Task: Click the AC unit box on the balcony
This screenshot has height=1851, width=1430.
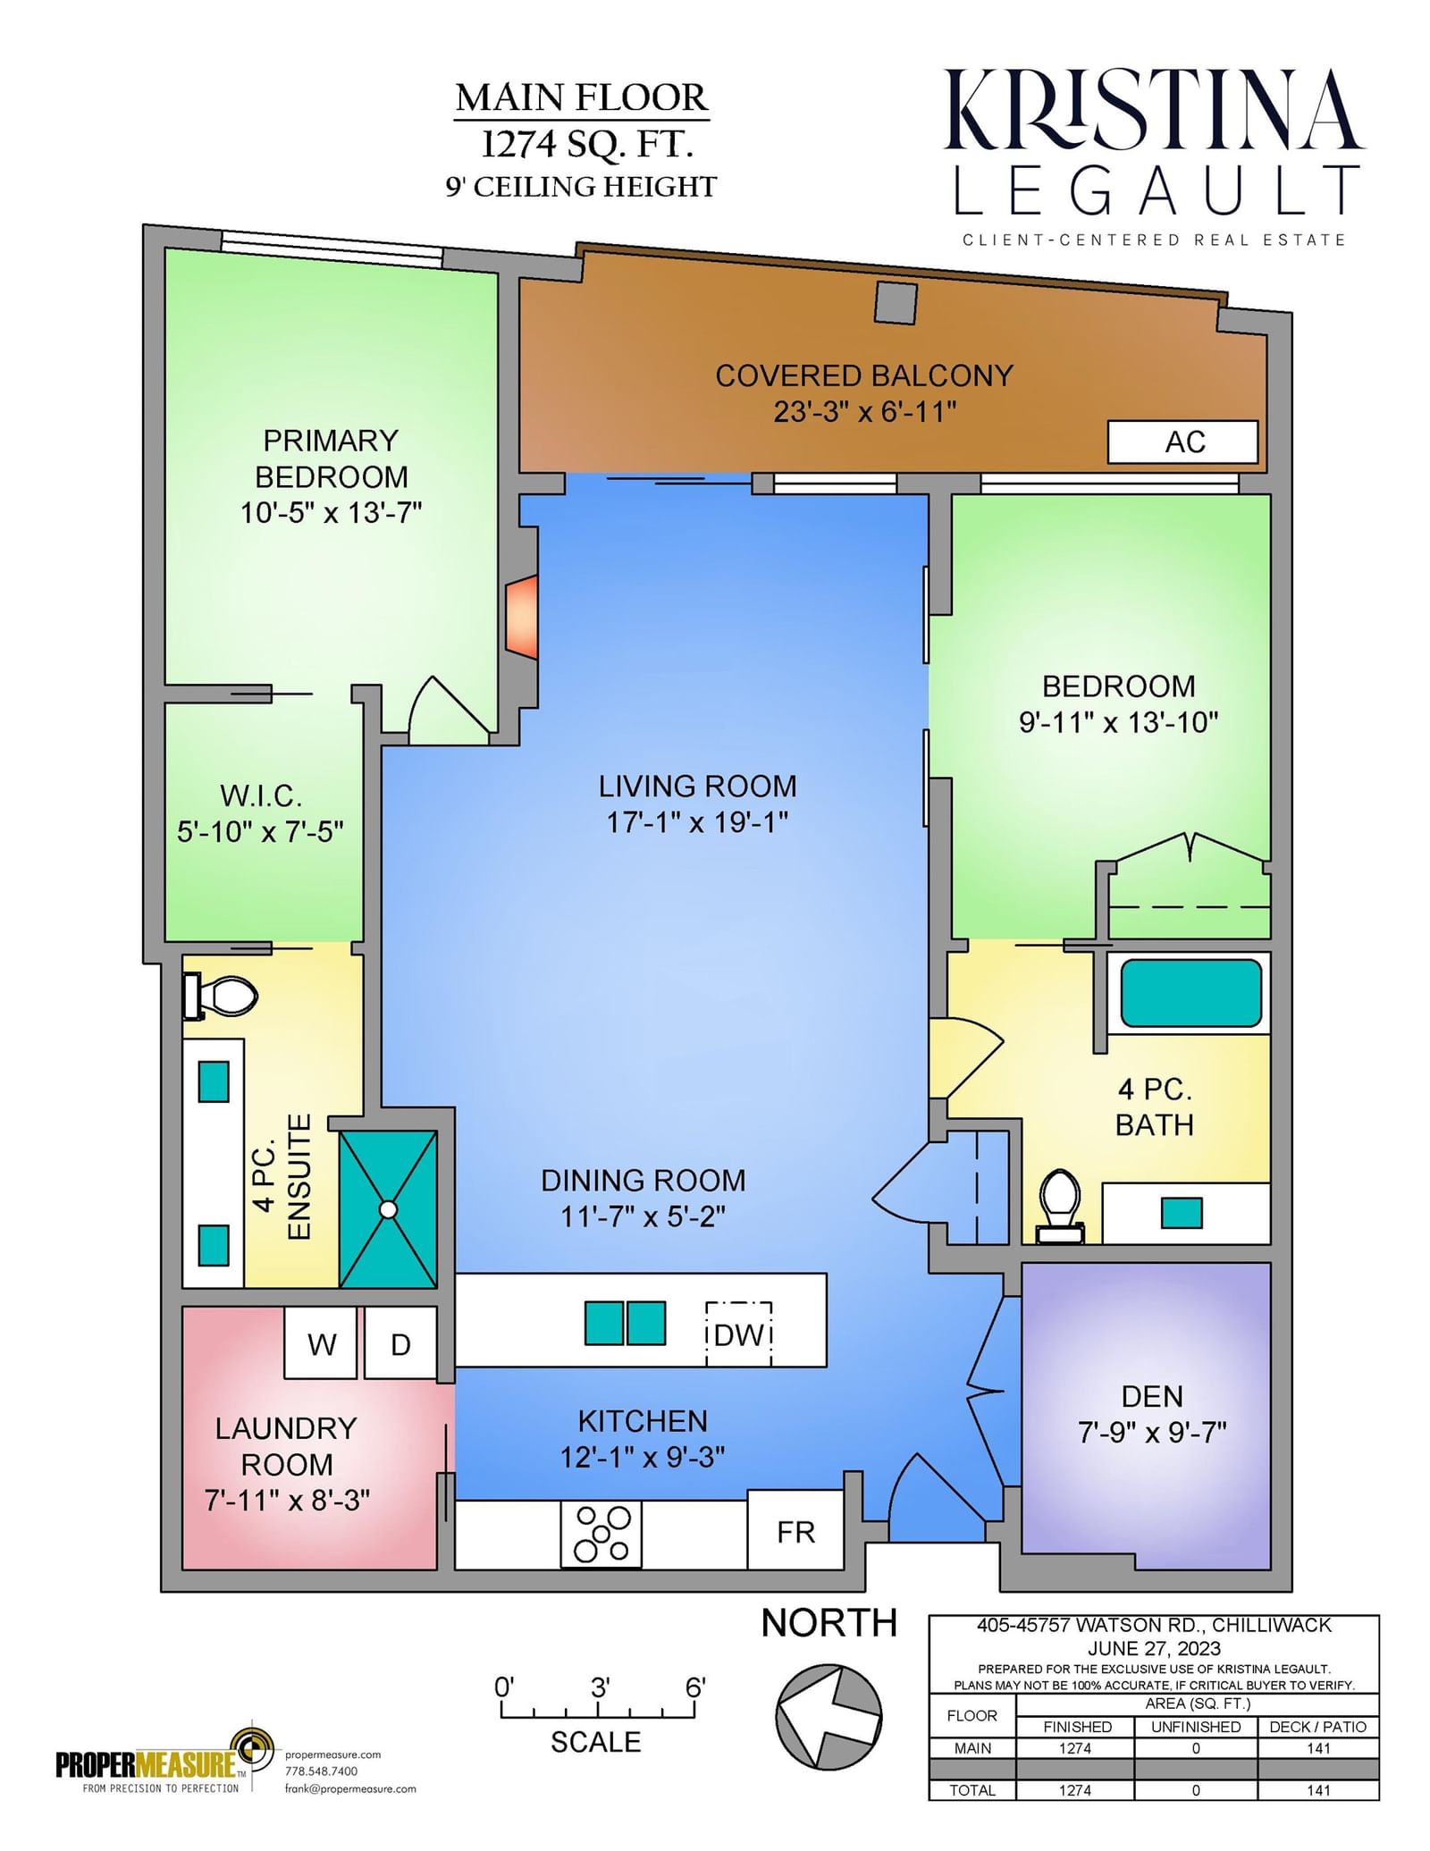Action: click(x=1182, y=442)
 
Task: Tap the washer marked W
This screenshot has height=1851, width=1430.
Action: click(x=321, y=1342)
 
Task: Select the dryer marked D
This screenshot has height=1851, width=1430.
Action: click(x=400, y=1342)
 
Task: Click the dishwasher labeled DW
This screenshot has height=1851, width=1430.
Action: click(x=738, y=1334)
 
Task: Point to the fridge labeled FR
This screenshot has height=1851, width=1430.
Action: click(x=795, y=1532)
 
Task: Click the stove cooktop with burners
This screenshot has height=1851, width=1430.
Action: click(x=601, y=1534)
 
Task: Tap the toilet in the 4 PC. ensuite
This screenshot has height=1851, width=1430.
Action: click(x=220, y=996)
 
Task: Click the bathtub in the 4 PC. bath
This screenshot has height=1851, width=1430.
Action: click(x=1190, y=993)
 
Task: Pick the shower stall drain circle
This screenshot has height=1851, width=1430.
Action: click(x=388, y=1209)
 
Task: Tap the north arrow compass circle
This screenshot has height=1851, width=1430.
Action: click(x=829, y=1716)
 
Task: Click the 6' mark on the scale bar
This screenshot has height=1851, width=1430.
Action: click(x=695, y=1687)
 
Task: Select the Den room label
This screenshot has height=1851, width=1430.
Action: click(x=1152, y=1396)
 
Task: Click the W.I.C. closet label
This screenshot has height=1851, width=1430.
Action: click(x=261, y=795)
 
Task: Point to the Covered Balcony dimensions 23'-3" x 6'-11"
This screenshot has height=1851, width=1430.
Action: click(x=864, y=412)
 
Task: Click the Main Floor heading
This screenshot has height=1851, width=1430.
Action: click(x=582, y=97)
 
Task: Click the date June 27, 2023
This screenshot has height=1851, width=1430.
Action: click(x=1154, y=1648)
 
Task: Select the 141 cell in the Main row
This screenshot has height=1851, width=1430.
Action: click(x=1318, y=1748)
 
